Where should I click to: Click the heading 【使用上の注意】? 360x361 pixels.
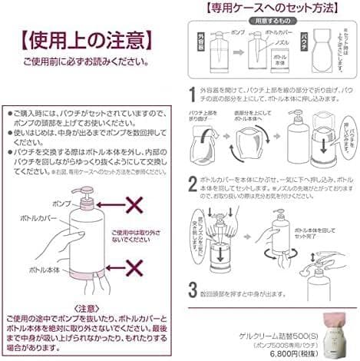[81, 38]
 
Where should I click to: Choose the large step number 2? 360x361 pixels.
[192, 184]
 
